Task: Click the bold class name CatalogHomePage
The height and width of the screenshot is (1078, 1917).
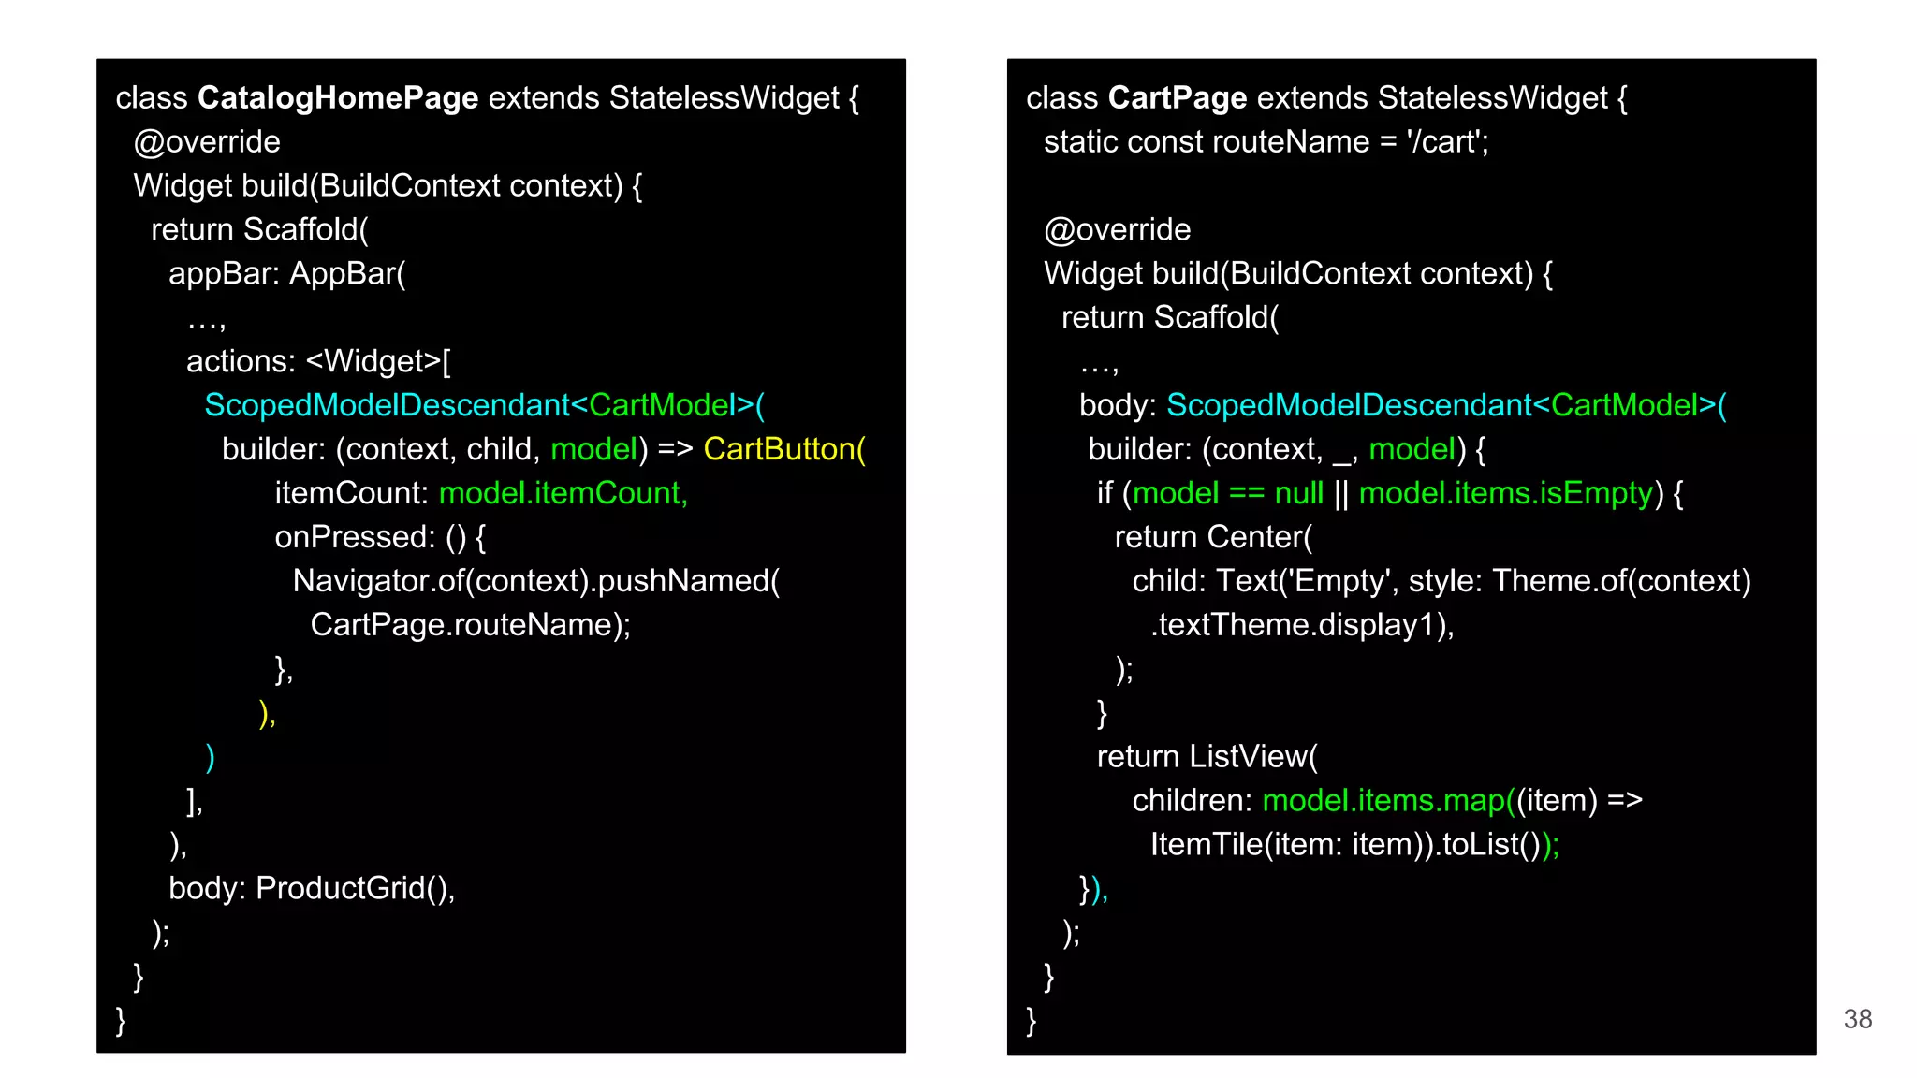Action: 338,98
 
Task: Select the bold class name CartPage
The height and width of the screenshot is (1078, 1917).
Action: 1178,98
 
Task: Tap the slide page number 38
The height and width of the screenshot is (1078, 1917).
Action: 1858,1019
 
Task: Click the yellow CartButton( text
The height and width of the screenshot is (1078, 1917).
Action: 784,449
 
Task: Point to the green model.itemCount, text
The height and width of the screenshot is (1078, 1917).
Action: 563,493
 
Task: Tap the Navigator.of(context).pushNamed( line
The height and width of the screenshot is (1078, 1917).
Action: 535,581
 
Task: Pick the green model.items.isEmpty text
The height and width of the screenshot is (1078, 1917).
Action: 1506,493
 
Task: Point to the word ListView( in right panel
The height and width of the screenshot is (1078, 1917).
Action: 1253,757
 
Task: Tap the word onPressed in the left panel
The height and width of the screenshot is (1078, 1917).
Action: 354,537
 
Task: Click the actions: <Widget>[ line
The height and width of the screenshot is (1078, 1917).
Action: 318,361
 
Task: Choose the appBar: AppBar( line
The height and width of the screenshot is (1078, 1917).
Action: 286,274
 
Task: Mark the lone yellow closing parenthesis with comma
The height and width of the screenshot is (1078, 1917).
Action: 267,714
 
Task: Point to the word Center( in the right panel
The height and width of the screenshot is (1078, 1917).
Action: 1260,537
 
